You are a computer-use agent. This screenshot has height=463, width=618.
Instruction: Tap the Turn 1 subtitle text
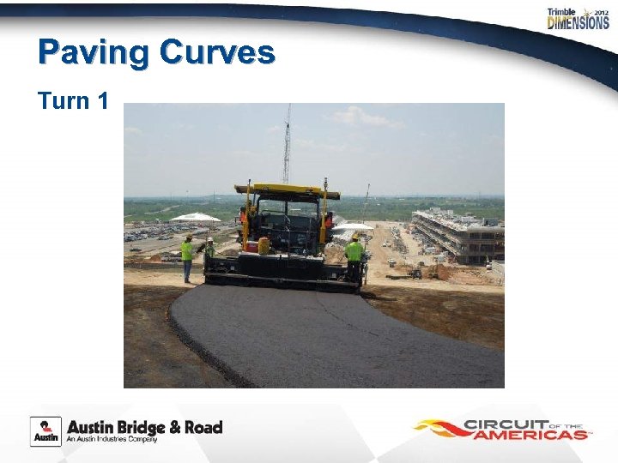(x=73, y=101)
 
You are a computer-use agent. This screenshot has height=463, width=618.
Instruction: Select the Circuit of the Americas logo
(x=502, y=429)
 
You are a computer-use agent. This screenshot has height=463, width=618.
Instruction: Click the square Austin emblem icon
(x=45, y=430)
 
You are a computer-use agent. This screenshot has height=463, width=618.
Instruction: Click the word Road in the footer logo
(x=205, y=427)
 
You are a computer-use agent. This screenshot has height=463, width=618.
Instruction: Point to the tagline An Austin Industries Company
(x=112, y=440)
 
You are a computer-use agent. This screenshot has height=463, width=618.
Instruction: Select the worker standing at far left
(x=187, y=257)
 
